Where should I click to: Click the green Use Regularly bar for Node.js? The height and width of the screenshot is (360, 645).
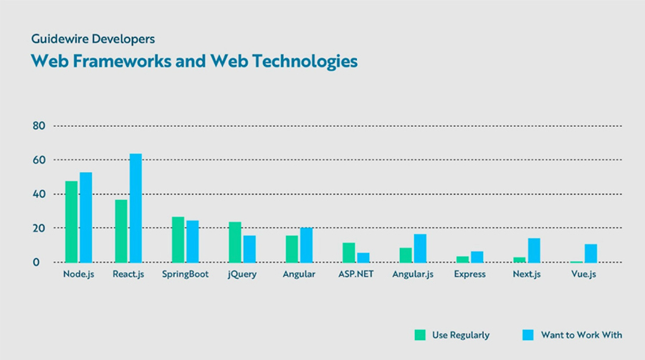(71, 222)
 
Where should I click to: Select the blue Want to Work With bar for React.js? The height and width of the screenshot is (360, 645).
(135, 208)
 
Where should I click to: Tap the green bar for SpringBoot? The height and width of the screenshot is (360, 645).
(178, 240)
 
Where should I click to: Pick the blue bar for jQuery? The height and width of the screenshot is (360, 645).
(249, 249)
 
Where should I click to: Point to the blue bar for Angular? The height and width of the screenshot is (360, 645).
(306, 245)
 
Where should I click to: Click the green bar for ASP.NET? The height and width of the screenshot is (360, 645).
(348, 252)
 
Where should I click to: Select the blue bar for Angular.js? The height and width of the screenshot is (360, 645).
(420, 248)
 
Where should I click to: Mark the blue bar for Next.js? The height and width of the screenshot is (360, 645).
(534, 250)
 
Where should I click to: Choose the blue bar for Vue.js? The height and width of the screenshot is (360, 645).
(591, 253)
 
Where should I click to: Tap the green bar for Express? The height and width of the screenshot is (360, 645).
(462, 259)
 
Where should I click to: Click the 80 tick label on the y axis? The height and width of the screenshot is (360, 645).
(39, 126)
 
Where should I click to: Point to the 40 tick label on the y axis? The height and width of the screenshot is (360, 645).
(39, 194)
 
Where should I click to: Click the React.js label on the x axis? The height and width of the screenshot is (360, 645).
(128, 275)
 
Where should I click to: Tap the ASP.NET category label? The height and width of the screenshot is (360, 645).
(355, 275)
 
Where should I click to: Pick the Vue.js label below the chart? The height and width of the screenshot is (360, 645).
(583, 275)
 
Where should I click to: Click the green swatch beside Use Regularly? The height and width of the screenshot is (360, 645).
(420, 335)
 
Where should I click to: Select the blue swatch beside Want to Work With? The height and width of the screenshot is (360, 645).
(528, 335)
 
